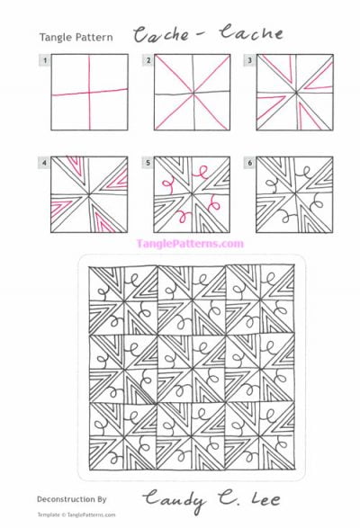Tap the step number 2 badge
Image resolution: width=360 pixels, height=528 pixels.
coord(148,60)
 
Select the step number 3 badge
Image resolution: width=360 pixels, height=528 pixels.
coord(251,60)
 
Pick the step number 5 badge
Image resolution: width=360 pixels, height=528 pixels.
coord(148,163)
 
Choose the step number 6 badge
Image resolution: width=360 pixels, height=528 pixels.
coord(251,163)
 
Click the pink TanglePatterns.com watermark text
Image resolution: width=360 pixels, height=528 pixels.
coord(190,243)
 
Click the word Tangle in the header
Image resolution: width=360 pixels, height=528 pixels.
coord(55,38)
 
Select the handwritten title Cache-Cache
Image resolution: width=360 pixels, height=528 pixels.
coord(208,35)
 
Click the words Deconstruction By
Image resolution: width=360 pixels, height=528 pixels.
coord(72,497)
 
